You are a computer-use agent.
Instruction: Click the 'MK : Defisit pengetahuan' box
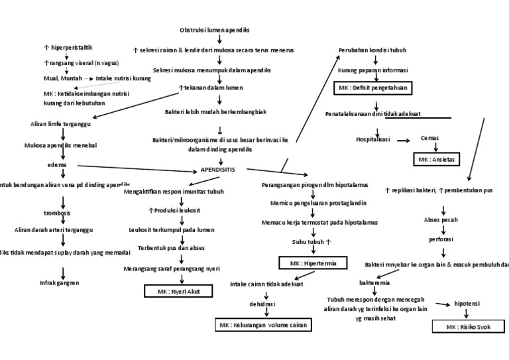click(372, 88)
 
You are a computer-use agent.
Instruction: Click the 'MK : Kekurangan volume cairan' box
click(263, 325)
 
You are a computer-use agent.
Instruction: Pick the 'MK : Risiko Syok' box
click(468, 327)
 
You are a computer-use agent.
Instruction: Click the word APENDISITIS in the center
click(217, 170)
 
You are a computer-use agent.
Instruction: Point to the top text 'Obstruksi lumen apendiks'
click(215, 30)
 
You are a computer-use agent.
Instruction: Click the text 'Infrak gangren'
click(60, 282)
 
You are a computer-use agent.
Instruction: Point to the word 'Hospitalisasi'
click(373, 139)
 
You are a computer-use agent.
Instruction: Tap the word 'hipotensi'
click(469, 304)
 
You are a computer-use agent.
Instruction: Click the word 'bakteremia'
click(373, 282)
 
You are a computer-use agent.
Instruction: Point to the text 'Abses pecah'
click(441, 219)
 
